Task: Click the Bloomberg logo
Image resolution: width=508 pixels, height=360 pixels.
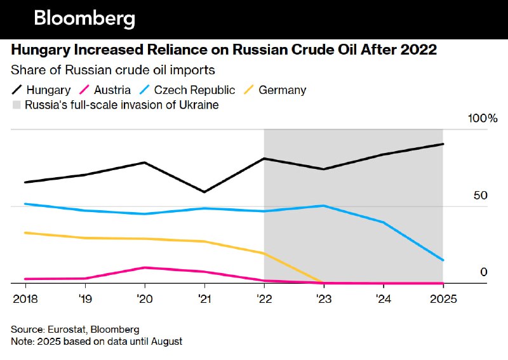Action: pos(84,18)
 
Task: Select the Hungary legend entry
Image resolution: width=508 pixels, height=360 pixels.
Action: pos(41,90)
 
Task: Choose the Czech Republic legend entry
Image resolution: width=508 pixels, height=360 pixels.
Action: pos(185,90)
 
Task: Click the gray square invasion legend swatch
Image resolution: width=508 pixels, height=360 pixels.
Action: pos(16,105)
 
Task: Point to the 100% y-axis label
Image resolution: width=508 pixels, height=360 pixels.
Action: pos(483,119)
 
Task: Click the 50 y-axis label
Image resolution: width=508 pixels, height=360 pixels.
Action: pos(481,195)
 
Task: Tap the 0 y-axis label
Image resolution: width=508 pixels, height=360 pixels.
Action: pos(483,272)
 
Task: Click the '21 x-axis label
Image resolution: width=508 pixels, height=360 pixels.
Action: pos(204,298)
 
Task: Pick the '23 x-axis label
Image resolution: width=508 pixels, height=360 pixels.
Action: pos(323,298)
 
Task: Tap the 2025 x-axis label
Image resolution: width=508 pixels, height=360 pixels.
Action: pos(443,298)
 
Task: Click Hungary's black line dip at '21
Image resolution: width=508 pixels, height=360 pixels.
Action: pos(204,192)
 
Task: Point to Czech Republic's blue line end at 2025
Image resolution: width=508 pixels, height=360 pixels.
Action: pos(443,260)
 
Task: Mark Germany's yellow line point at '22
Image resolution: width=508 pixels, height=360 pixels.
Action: pos(264,253)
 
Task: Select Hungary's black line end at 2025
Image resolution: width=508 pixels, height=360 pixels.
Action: pos(443,144)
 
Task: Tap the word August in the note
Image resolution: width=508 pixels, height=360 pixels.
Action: pos(164,342)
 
